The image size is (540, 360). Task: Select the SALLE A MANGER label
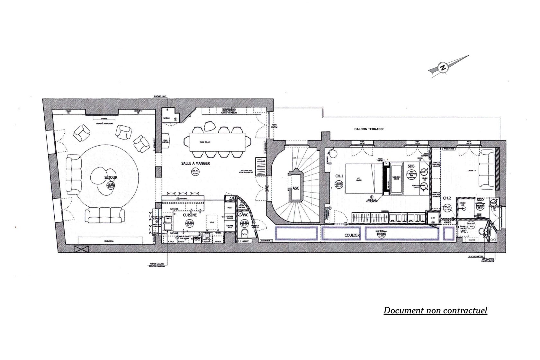tap(195, 163)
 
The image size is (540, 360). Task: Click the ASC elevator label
tap(296, 188)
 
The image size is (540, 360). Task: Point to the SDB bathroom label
tap(410, 166)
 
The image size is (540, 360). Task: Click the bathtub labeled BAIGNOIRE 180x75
tap(395, 178)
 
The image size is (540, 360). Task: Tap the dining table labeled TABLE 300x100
tap(219, 142)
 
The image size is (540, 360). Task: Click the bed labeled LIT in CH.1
tap(363, 178)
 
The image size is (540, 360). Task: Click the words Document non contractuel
tap(435, 310)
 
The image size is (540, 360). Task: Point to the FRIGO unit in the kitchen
tap(230, 208)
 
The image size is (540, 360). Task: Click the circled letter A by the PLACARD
tap(175, 119)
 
